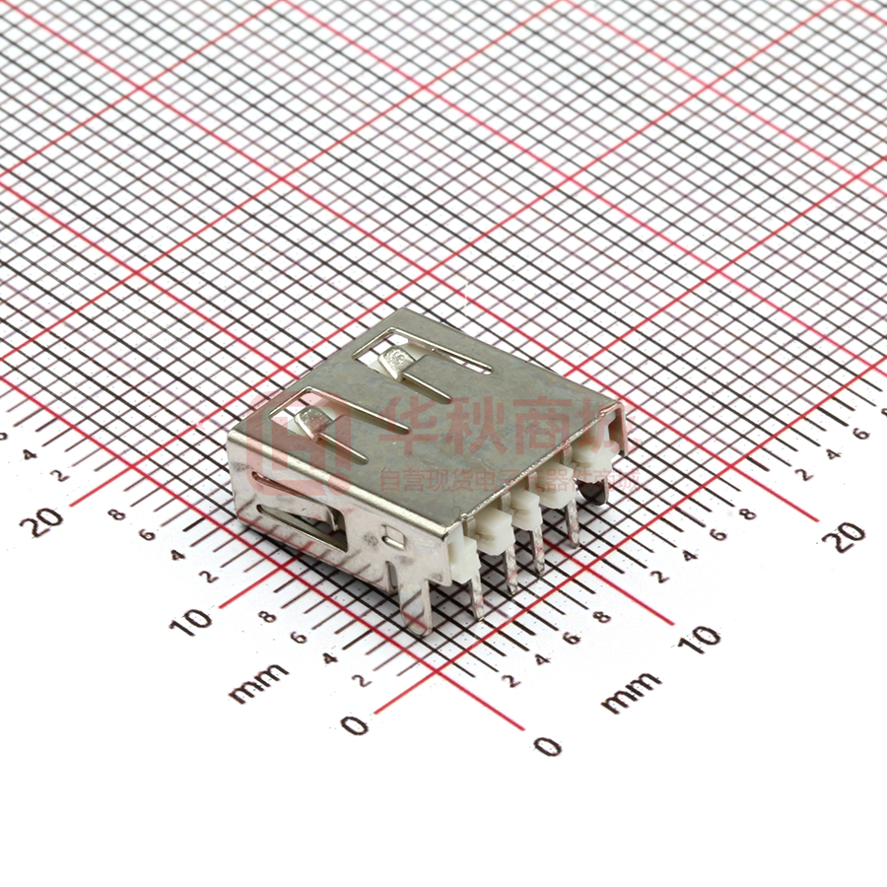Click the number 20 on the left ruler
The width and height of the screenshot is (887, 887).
click(47, 519)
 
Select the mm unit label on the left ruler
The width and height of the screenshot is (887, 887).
click(259, 682)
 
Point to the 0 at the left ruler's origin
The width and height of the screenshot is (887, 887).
click(354, 726)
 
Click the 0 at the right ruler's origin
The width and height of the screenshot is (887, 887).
click(547, 745)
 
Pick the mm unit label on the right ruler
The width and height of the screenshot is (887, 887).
click(631, 692)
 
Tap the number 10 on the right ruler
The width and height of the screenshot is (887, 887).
click(703, 639)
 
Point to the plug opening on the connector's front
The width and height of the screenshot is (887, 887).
click(296, 512)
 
